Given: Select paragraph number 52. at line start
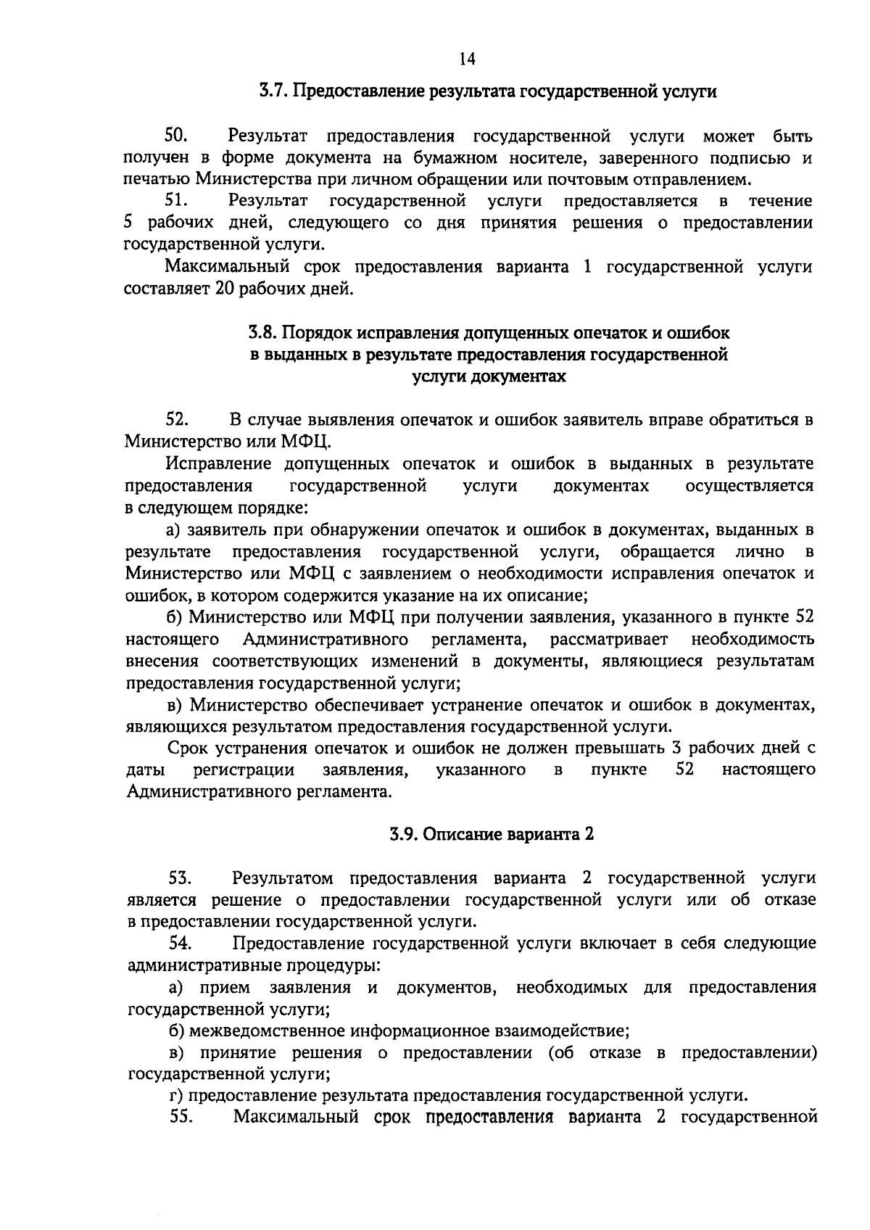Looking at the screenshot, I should pyautogui.click(x=178, y=419).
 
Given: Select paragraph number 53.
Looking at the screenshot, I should pyautogui.click(x=180, y=878).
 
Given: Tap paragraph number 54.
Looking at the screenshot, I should pyautogui.click(x=180, y=944).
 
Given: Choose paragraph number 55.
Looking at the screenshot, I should pyautogui.click(x=180, y=1118).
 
